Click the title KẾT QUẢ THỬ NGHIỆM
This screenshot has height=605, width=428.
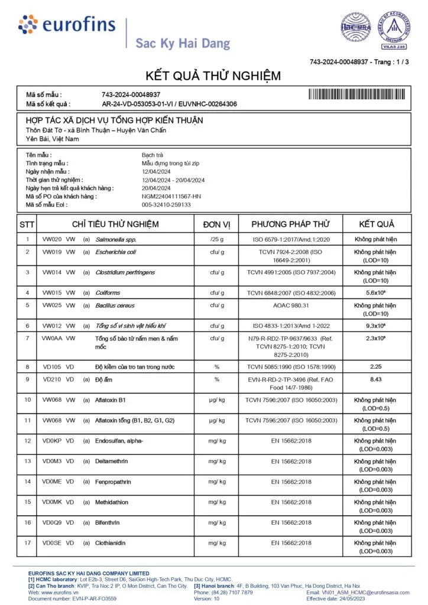[213, 76]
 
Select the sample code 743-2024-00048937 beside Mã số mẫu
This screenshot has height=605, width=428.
[131, 95]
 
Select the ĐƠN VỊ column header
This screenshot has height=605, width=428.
[216, 225]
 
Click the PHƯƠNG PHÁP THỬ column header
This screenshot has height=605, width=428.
[290, 225]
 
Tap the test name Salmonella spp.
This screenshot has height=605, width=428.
[116, 239]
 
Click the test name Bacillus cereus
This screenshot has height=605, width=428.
[115, 305]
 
